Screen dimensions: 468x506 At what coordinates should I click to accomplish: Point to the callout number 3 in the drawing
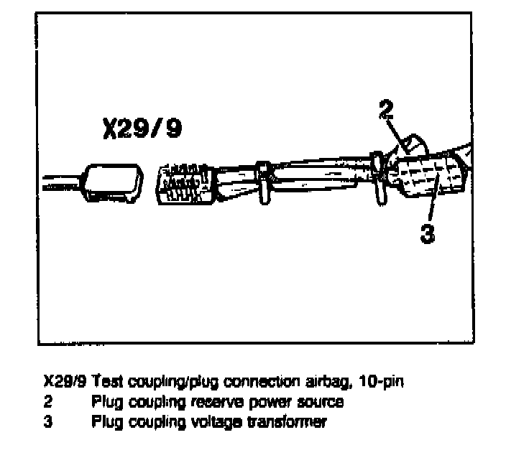tap(428, 234)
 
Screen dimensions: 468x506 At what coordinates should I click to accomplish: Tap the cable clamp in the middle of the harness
tap(264, 184)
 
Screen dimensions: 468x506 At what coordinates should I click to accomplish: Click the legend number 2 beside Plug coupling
tap(48, 402)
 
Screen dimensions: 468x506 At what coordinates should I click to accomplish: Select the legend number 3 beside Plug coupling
tap(48, 422)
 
